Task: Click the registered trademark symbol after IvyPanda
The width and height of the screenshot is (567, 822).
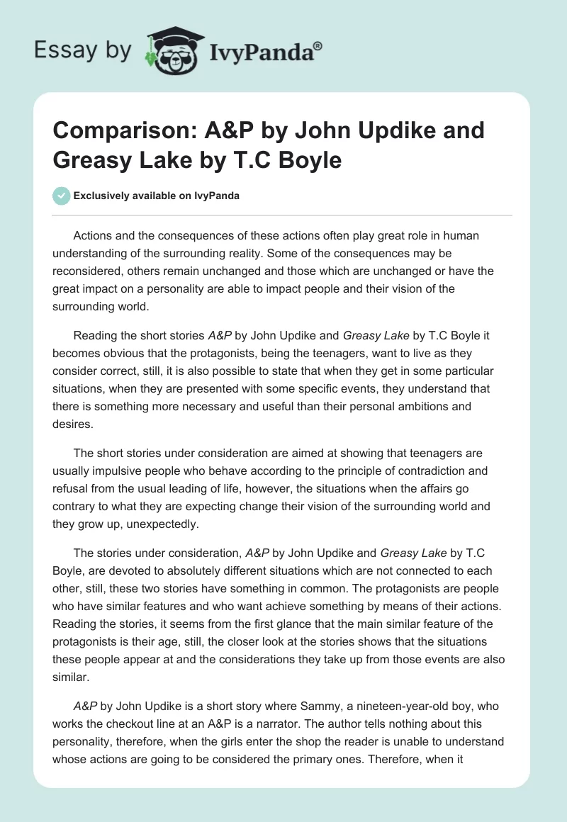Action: (x=318, y=46)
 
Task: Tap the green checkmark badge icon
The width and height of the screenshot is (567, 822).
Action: (x=62, y=196)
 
